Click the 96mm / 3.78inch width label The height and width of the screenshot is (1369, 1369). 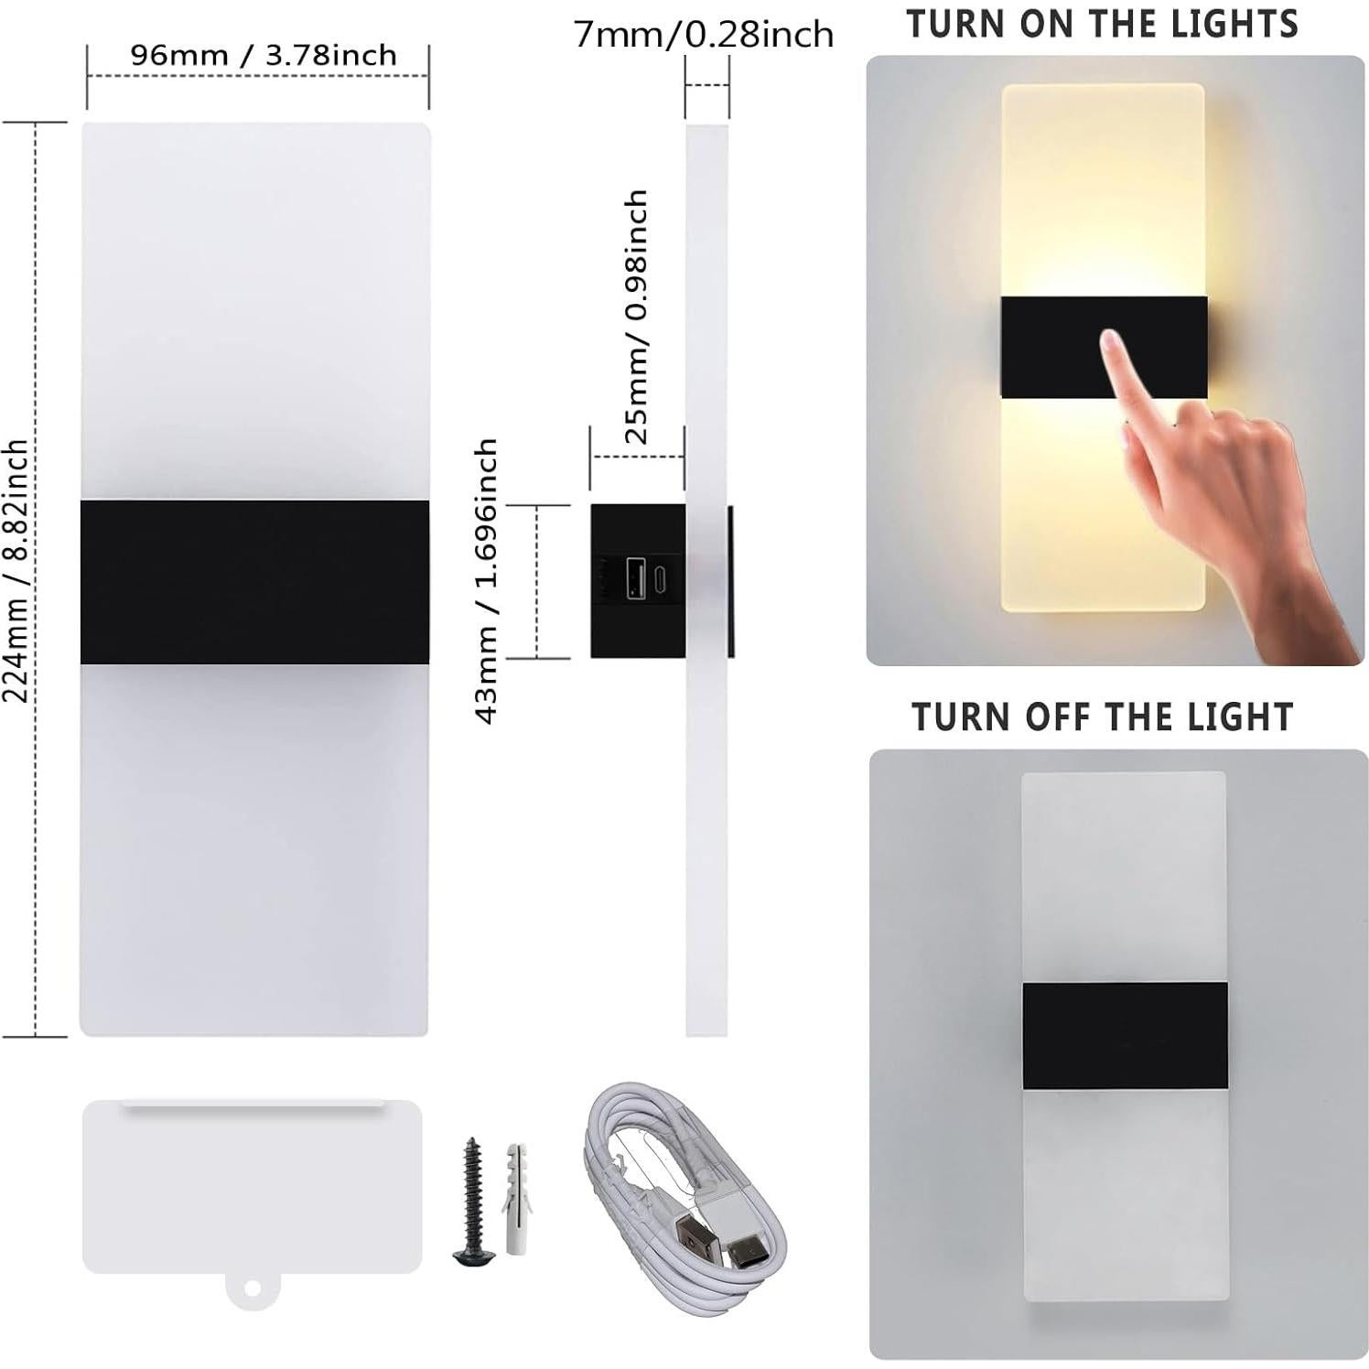coord(263,55)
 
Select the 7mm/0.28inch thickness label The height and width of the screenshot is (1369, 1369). coord(704,35)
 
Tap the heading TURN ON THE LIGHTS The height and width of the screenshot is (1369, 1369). coord(1103,24)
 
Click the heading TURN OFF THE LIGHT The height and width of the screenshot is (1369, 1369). coord(1103,717)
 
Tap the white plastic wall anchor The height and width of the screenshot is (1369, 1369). coord(515,1185)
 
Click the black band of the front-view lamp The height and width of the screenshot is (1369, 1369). coord(254,581)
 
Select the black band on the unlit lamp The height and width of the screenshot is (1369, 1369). coord(1125,1035)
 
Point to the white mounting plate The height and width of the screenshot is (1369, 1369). coord(252,1188)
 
